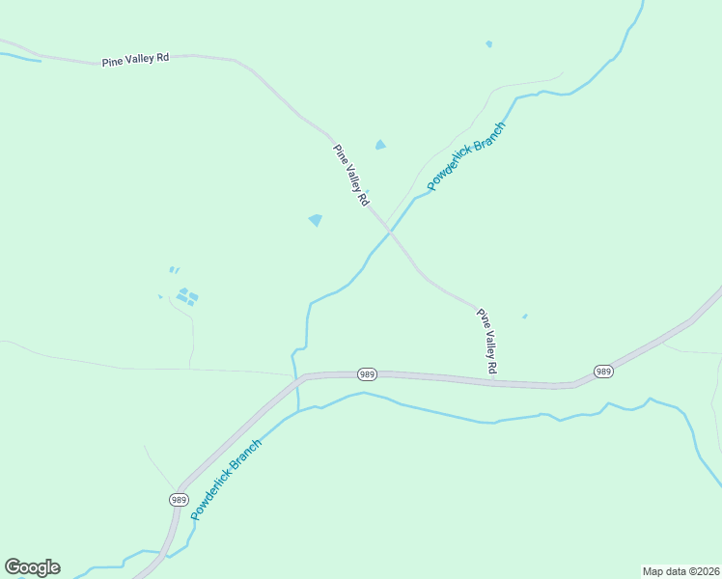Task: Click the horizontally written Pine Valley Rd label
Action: click(x=135, y=60)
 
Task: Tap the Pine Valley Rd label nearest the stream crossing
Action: click(x=351, y=176)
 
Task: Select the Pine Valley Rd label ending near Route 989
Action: click(x=487, y=341)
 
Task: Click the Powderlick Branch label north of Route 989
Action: click(x=466, y=156)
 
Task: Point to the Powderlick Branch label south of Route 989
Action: click(x=226, y=480)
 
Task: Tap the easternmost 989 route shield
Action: click(x=603, y=371)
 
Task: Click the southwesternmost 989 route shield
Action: click(x=179, y=499)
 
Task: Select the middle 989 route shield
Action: click(x=366, y=373)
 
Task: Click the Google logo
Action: click(x=32, y=567)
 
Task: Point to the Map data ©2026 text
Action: click(x=680, y=570)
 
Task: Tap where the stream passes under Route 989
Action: click(x=297, y=380)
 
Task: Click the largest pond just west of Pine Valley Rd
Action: click(x=315, y=220)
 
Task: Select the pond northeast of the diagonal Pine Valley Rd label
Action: click(x=380, y=145)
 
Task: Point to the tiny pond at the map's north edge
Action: click(x=488, y=43)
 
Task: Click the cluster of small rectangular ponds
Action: click(x=187, y=296)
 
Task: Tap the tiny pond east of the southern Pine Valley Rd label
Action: click(x=524, y=316)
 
